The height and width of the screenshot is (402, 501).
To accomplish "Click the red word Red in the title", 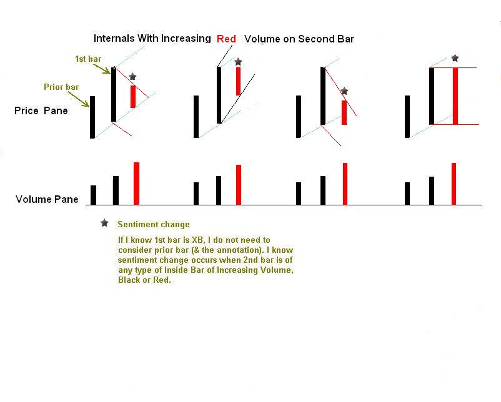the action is pyautogui.click(x=226, y=39).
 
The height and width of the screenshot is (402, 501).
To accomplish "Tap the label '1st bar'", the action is pyautogui.click(x=88, y=59).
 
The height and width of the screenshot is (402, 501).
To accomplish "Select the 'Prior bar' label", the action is pyautogui.click(x=61, y=87).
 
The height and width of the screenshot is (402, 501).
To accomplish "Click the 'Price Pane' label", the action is pyautogui.click(x=41, y=110).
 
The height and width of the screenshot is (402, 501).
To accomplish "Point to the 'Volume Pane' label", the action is pyautogui.click(x=47, y=199).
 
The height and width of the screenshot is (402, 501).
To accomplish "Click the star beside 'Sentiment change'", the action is pyautogui.click(x=104, y=223).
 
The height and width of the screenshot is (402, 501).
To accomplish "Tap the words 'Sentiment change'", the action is pyautogui.click(x=154, y=225).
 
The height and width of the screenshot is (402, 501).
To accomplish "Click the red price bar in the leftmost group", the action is pyautogui.click(x=133, y=96).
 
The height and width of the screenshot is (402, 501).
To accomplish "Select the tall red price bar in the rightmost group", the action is pyautogui.click(x=455, y=96).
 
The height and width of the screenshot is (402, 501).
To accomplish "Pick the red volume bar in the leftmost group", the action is pyautogui.click(x=136, y=184).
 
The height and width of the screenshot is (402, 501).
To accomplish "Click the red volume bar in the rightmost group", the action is pyautogui.click(x=454, y=184).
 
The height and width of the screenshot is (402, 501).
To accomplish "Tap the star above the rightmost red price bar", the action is pyautogui.click(x=455, y=58).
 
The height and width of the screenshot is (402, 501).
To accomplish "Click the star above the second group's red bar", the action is pyautogui.click(x=238, y=62).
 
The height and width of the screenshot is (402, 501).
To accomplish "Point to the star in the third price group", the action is pyautogui.click(x=344, y=91).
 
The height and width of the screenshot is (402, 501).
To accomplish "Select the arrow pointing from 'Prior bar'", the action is pyautogui.click(x=78, y=99).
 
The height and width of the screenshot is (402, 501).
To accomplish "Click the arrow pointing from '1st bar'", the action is pyautogui.click(x=102, y=69).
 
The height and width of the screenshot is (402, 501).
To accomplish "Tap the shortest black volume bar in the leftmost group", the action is pyautogui.click(x=93, y=195).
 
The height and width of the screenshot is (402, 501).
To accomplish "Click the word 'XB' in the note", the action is pyautogui.click(x=197, y=240).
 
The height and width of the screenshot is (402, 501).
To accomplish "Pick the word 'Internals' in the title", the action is pyautogui.click(x=114, y=38).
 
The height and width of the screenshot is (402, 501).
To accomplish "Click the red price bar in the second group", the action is pyautogui.click(x=239, y=81).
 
